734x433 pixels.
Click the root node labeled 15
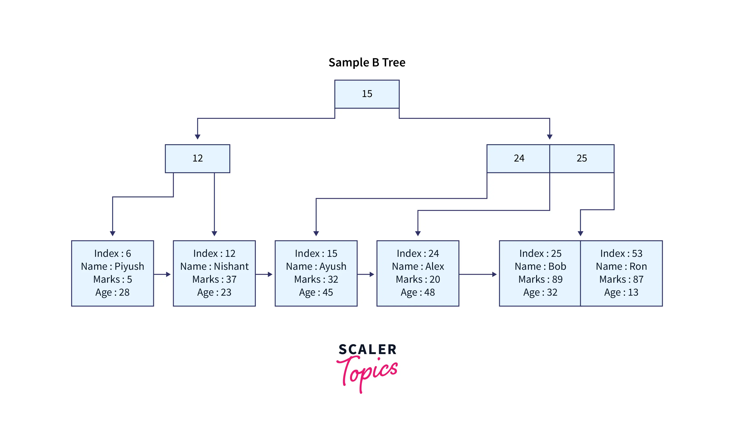[367, 94]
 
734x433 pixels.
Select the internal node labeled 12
[197, 158]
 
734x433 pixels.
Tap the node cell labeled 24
[519, 158]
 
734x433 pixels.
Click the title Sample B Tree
[367, 63]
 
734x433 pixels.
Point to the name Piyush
[129, 266]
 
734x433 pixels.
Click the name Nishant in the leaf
[231, 266]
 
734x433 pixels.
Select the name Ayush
[333, 266]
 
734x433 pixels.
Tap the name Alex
[434, 266]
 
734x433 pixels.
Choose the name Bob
[557, 266]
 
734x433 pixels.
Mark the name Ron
[638, 266]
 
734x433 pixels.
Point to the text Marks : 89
[540, 279]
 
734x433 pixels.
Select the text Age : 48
[418, 292]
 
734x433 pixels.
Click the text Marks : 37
[214, 279]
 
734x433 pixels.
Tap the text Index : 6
[112, 254]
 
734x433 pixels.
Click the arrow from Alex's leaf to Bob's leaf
[477, 274]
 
